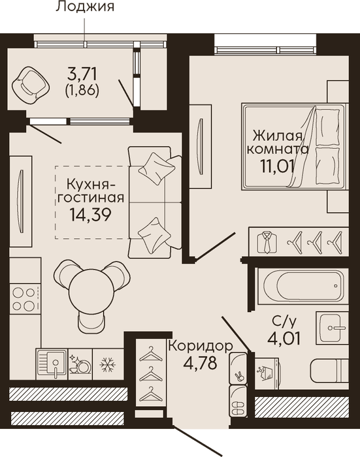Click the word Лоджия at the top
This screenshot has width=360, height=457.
[x=85, y=7]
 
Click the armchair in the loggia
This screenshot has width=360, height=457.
[x=30, y=85]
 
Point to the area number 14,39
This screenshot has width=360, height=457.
[x=90, y=215]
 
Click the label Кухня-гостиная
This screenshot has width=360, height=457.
[x=91, y=191]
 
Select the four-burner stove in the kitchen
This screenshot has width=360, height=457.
[x=24, y=298]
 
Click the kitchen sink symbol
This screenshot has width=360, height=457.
[x=52, y=364]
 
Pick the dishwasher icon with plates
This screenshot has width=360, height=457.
[x=80, y=364]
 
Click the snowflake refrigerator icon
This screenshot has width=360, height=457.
[x=108, y=364]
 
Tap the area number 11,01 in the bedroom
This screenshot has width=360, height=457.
[x=276, y=167]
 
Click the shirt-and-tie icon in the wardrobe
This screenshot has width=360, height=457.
[x=267, y=242]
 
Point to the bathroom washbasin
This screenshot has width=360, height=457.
[x=333, y=328]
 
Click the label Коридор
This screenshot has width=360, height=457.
[x=201, y=346]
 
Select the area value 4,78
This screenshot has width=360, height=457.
[x=201, y=362]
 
